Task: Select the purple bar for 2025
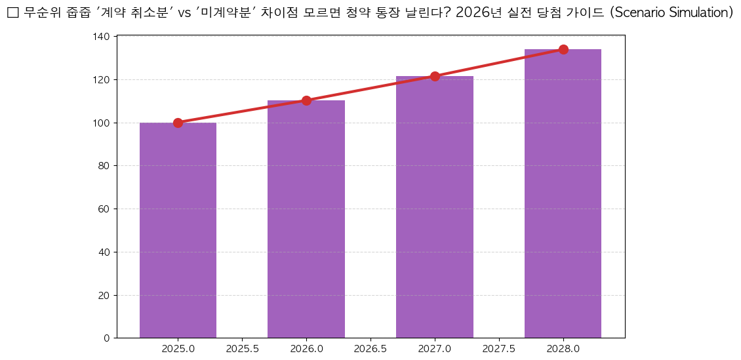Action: tap(178, 230)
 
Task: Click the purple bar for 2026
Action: tap(306, 219)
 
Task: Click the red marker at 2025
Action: tap(178, 123)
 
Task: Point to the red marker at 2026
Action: tap(306, 100)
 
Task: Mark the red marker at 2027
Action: tap(435, 76)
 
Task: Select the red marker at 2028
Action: tap(563, 49)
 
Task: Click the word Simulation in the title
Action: tap(698, 13)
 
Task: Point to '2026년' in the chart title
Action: tap(478, 13)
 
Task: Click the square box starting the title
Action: tap(12, 13)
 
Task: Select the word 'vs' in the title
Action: tap(184, 13)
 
